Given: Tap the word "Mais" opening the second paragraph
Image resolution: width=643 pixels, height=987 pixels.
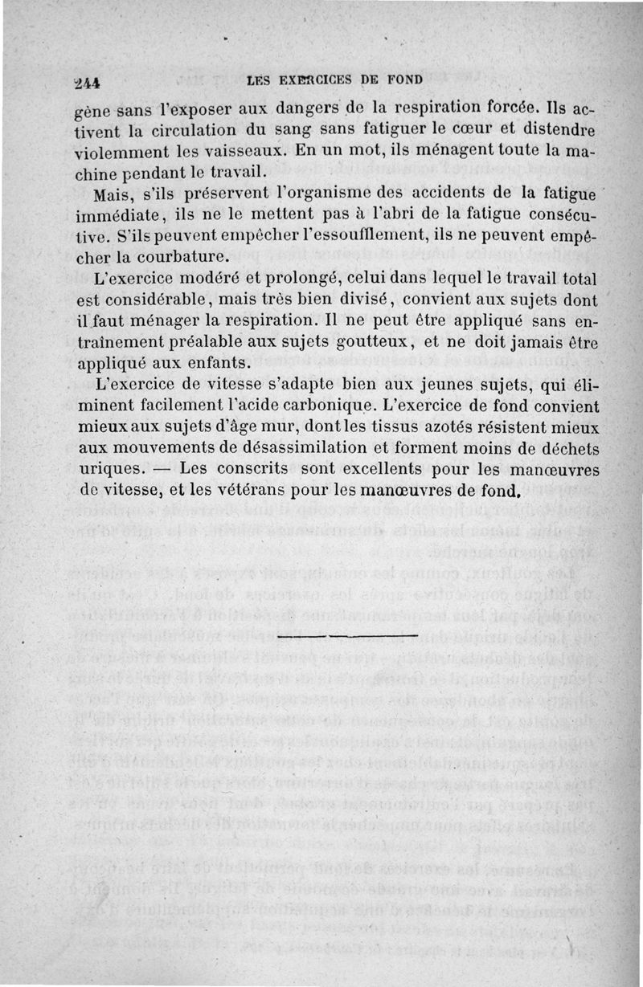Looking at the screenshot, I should click(114, 195).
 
